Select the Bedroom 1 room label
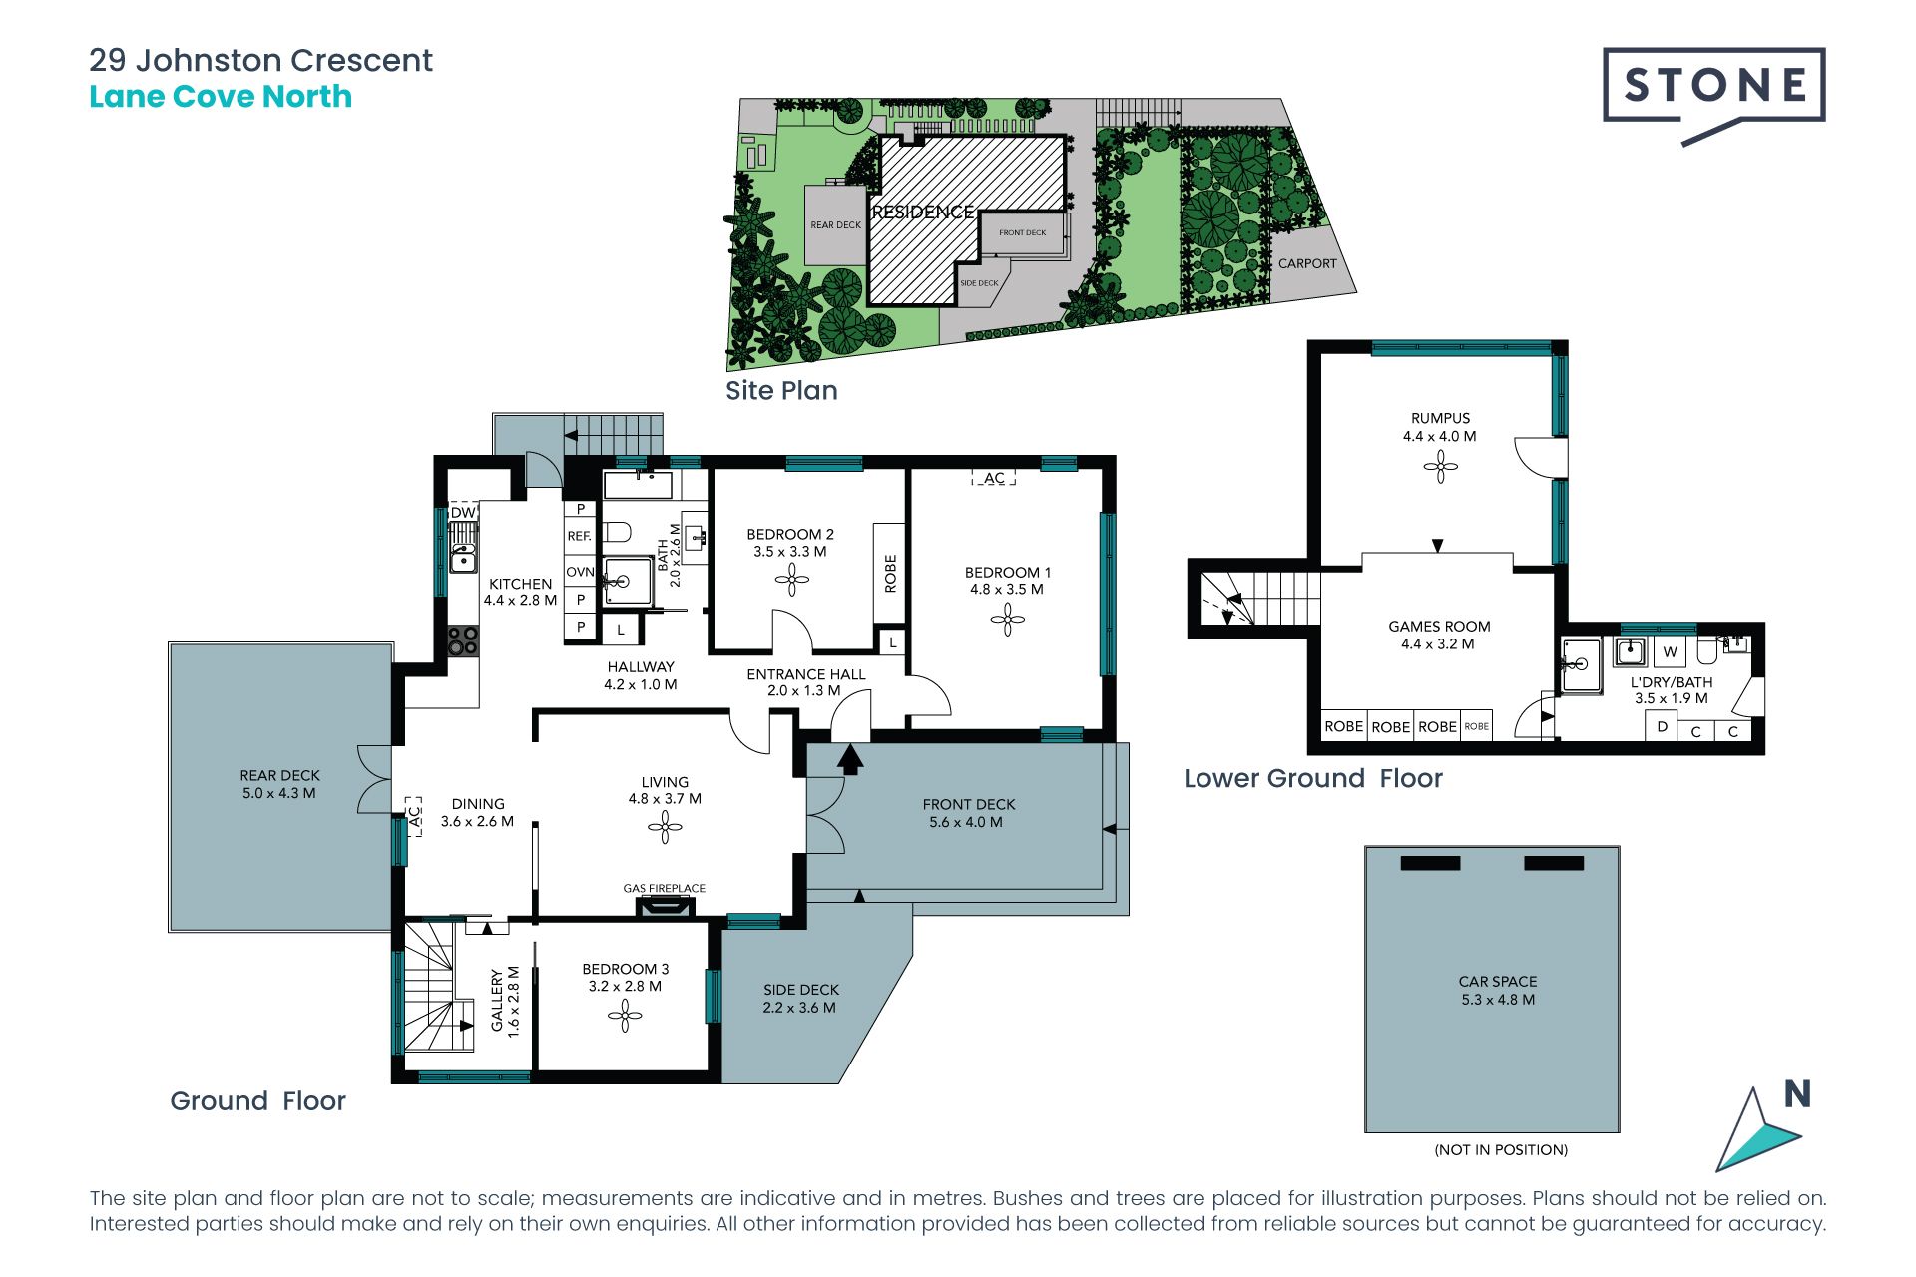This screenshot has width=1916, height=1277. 1008,573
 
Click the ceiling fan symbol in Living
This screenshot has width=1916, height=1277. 665,826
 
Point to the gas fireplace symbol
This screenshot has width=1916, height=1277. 665,906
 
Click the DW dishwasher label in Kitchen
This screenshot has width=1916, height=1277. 463,512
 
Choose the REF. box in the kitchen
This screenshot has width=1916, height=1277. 580,536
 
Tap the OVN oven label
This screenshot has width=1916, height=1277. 580,572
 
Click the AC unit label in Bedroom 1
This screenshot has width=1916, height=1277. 994,478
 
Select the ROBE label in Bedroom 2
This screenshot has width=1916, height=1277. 890,574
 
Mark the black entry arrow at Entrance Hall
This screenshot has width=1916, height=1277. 850,759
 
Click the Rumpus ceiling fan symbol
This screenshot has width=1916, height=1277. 1440,466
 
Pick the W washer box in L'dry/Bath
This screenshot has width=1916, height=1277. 1670,652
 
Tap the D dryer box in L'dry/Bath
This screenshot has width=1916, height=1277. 1662,726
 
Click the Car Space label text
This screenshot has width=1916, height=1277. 1498,981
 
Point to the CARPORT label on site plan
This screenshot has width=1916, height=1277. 1307,263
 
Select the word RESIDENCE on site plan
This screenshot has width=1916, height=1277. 923,212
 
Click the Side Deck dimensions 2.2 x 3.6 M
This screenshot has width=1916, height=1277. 800,1008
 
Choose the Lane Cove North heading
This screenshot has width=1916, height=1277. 221,96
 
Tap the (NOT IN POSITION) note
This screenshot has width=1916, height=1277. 1501,1149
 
